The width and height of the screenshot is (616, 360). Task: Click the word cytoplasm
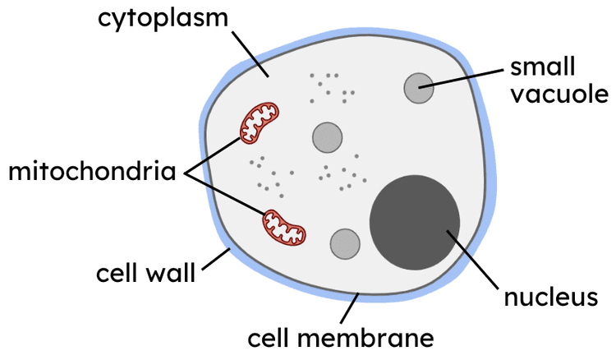pos(163,19)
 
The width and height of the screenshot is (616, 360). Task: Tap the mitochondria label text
pos(93,173)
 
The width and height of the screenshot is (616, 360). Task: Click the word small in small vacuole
pos(542,67)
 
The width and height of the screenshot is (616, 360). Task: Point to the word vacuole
pos(553,94)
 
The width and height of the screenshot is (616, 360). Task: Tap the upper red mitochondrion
pos(260,122)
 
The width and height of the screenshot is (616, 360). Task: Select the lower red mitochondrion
pos(283,227)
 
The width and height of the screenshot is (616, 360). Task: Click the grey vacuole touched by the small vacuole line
pos(418,87)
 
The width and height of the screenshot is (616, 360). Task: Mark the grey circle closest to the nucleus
pos(345,243)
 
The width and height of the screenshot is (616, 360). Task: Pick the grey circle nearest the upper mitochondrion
pos(327,136)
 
